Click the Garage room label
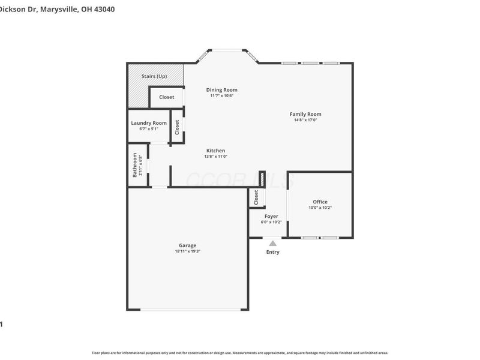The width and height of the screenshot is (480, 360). coord(187,245)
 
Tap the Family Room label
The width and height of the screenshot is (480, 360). coord(305,114)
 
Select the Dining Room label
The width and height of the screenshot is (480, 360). coord(221,90)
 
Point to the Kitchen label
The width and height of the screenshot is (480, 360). coord(216,151)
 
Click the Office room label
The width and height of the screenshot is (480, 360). coord(320,202)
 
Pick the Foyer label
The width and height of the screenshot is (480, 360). coord(271,216)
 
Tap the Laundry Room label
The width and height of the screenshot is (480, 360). coord(149,123)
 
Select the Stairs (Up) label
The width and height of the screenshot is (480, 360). coord(154,76)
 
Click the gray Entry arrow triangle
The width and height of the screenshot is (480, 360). coord(272,243)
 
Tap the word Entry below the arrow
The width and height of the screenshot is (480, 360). coord(272,252)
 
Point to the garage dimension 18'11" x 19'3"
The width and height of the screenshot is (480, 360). coord(187,251)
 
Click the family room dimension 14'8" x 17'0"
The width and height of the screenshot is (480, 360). coord(305,120)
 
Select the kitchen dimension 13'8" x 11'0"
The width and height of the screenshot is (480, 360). coord(216,157)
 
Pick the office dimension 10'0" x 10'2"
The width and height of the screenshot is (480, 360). coord(320,208)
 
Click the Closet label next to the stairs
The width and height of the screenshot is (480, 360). coord(167,97)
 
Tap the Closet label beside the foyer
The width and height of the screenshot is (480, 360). coord(256,197)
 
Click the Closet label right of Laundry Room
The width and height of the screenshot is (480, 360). coord(177,127)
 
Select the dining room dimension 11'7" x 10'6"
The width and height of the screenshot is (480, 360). coord(221,96)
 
